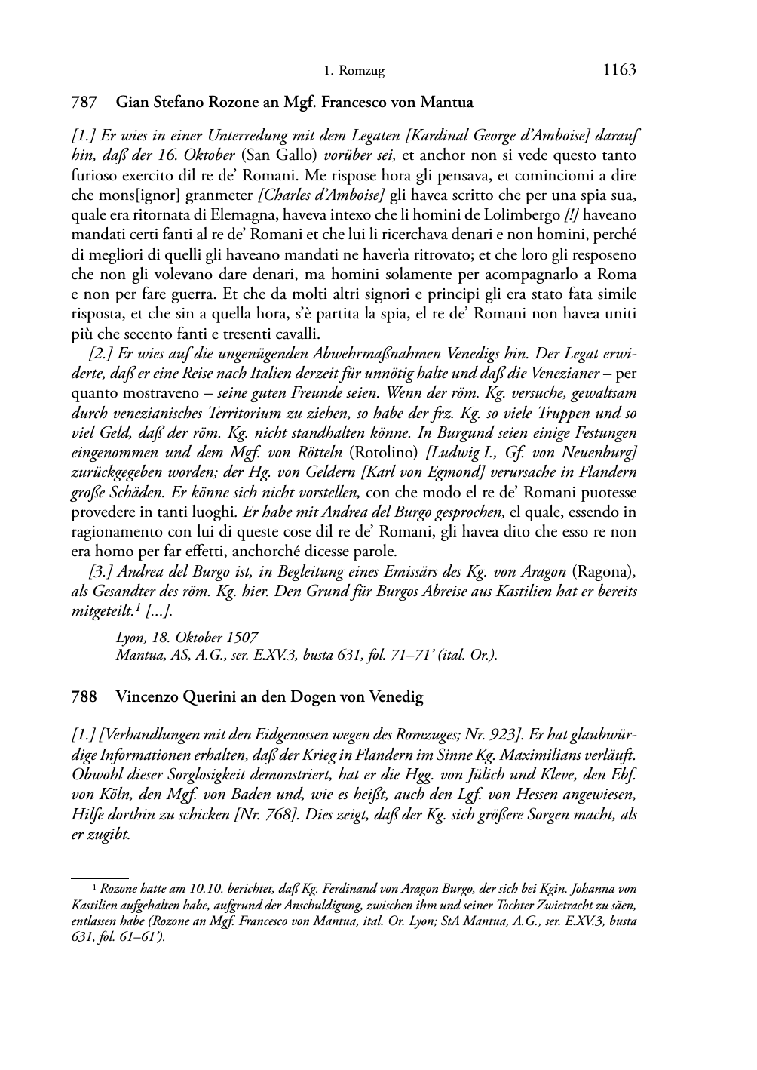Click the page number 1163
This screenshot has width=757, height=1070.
pyautogui.click(x=619, y=70)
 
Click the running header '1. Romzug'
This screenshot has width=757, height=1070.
pyautogui.click(x=354, y=72)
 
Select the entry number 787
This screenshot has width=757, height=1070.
pyautogui.click(x=83, y=101)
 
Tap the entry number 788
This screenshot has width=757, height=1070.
pyautogui.click(x=83, y=696)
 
